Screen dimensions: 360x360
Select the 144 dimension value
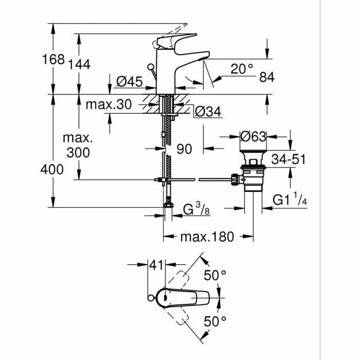(80, 64)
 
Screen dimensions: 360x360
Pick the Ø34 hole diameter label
(208, 112)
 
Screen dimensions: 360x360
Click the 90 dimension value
(184, 149)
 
